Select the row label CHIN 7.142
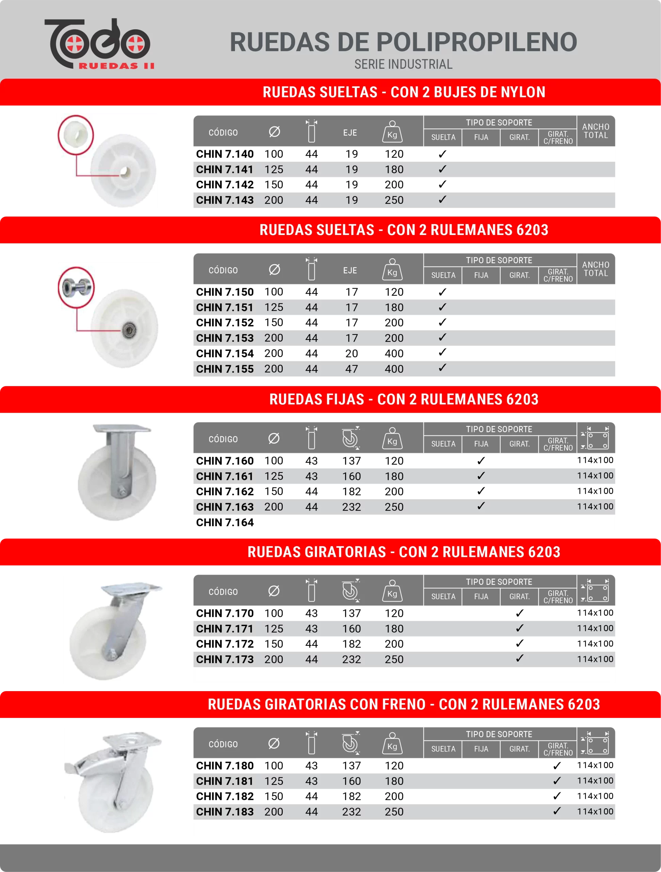(x=225, y=185)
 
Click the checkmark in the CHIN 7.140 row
(x=442, y=154)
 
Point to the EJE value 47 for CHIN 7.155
(x=351, y=369)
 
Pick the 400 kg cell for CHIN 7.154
(x=394, y=353)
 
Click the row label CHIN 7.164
(x=225, y=522)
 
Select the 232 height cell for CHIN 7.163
(x=351, y=507)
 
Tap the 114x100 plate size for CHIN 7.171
(x=595, y=628)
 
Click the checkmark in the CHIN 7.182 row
(x=556, y=796)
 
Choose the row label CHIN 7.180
(x=225, y=766)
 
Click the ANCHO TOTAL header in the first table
(x=596, y=131)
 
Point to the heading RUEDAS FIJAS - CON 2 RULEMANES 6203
(x=404, y=399)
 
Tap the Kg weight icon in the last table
(x=392, y=744)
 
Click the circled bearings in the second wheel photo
(x=76, y=286)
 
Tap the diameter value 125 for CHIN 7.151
(x=273, y=308)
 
